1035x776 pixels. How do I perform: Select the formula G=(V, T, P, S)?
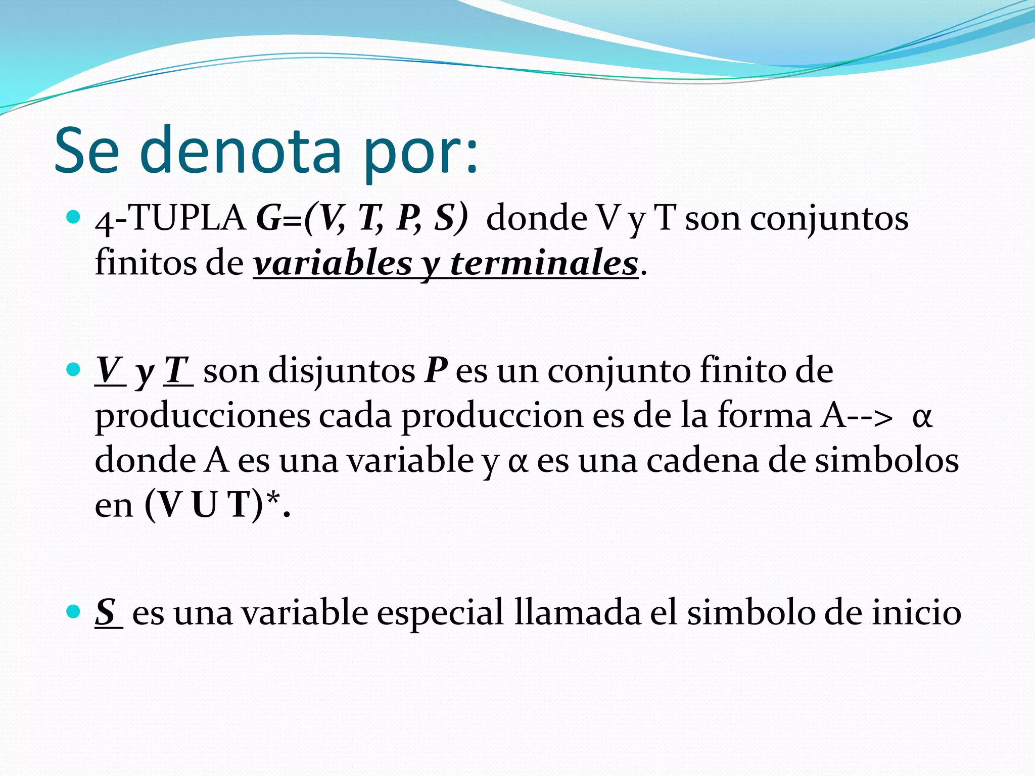pos(362,218)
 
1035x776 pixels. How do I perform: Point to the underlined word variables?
pos(333,264)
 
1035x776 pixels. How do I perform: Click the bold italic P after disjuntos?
pos(436,371)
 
